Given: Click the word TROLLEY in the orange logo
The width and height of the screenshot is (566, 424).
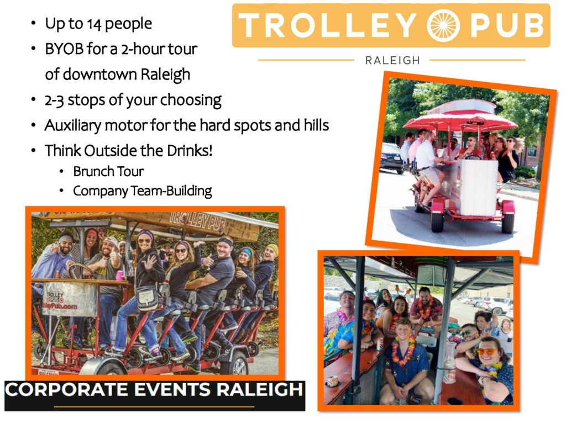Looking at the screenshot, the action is [328, 25].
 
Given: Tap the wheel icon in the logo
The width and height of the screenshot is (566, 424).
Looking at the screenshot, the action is [443, 25].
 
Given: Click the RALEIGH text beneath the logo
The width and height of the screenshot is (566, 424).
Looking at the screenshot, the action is [393, 60].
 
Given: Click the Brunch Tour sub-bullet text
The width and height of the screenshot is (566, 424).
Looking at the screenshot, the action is [108, 172].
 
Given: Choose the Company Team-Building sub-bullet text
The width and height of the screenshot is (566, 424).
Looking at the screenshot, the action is [143, 191].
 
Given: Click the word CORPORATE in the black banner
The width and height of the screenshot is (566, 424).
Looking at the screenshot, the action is [66, 390].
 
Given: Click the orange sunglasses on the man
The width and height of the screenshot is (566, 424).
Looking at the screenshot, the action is [486, 351].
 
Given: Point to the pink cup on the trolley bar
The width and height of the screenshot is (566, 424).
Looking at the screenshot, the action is [120, 275].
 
